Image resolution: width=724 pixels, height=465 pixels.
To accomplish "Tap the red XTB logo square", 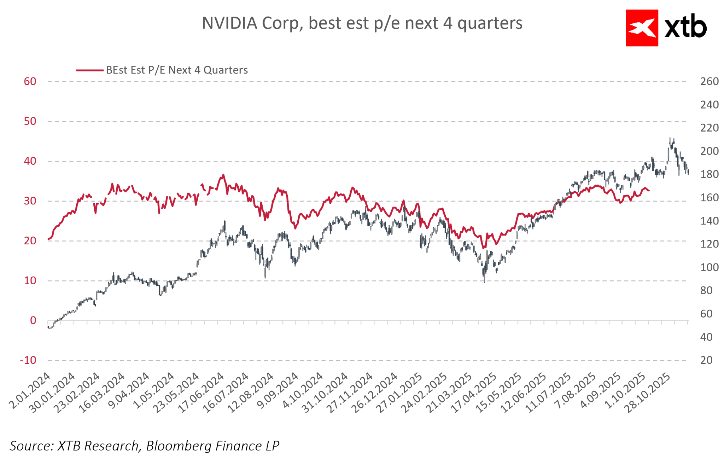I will (x=642, y=28).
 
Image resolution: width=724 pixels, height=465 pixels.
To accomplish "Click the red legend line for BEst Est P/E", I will (x=89, y=70).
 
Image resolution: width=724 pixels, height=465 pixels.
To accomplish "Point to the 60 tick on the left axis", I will (x=30, y=81).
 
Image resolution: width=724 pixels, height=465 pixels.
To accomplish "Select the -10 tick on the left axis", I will (x=28, y=360).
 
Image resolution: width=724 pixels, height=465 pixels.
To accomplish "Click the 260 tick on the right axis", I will (x=709, y=81).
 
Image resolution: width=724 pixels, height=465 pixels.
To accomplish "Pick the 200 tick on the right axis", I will (x=709, y=151).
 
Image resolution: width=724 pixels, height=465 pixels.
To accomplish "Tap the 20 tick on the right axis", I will (x=706, y=360).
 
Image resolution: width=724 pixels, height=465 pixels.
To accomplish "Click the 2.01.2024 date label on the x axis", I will (x=30, y=390).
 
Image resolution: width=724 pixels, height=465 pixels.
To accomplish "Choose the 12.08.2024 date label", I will (x=250, y=393).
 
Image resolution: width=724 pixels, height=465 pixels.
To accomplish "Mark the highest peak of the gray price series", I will (x=670, y=138).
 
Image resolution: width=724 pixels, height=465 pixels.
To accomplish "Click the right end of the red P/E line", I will (x=649, y=191).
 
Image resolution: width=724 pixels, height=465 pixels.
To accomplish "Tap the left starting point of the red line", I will (x=48, y=239).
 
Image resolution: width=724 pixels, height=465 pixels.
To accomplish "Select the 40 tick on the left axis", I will (x=30, y=161).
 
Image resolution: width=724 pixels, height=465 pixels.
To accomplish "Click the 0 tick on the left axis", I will (x=33, y=320).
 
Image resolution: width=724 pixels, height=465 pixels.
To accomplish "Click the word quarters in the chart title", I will (x=490, y=23).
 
